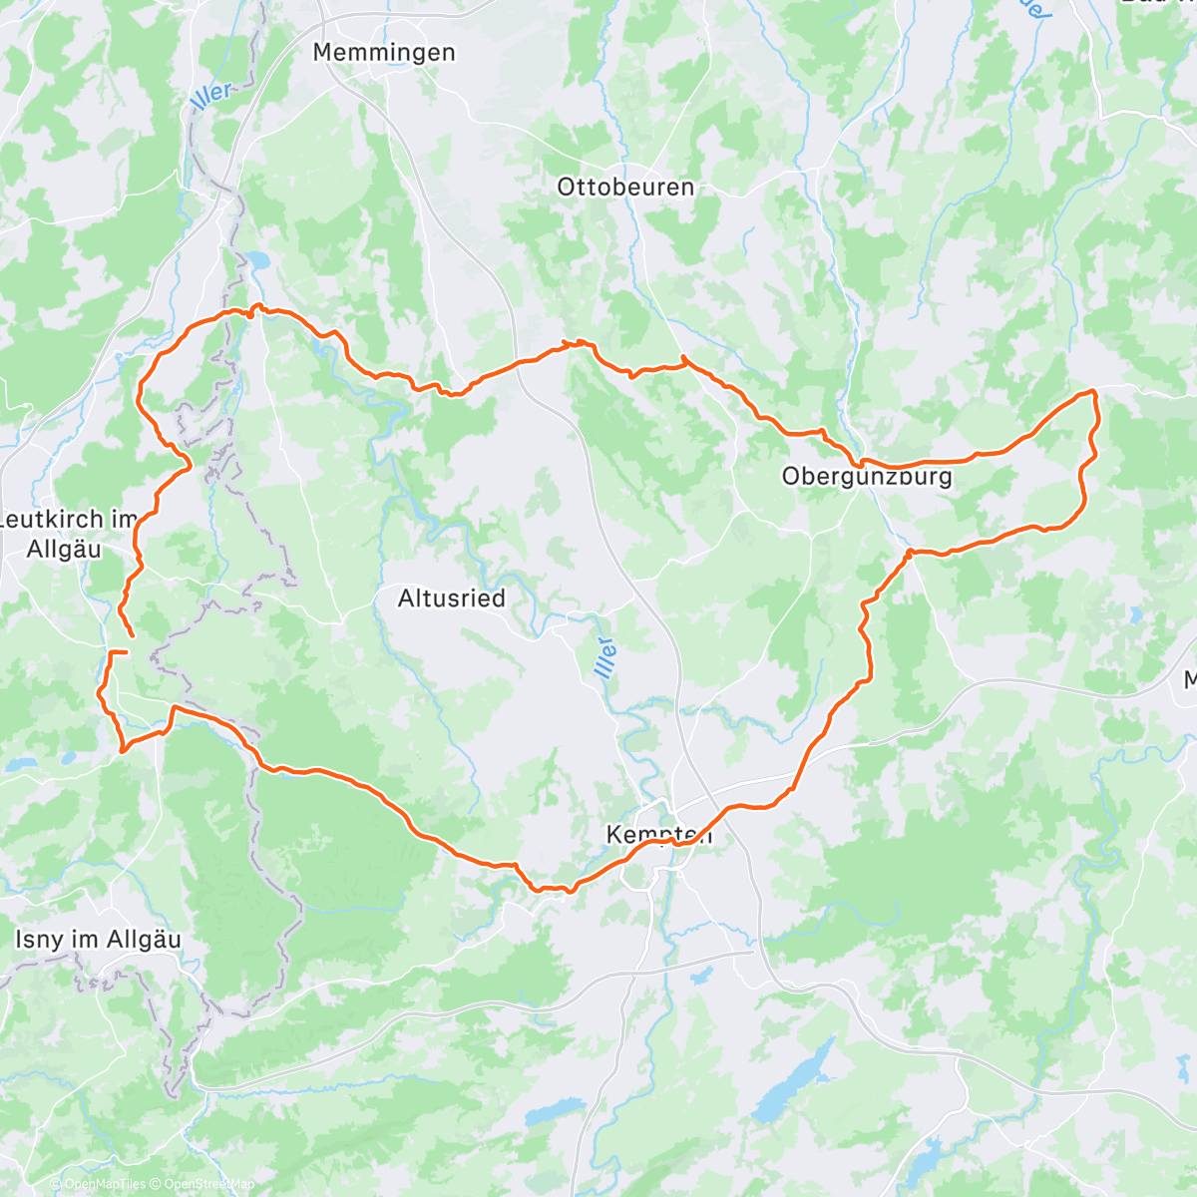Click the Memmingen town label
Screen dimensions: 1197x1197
click(x=384, y=53)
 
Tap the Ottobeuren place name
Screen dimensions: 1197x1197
click(x=625, y=188)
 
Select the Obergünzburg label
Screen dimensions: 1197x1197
click(x=867, y=477)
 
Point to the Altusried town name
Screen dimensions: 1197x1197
click(x=451, y=598)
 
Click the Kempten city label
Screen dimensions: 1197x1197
click(x=659, y=835)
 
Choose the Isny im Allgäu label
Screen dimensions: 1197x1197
click(x=99, y=940)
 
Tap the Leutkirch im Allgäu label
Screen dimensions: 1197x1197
click(x=67, y=535)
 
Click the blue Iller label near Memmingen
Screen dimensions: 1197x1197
click(x=210, y=95)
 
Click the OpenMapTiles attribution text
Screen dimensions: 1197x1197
click(x=103, y=1184)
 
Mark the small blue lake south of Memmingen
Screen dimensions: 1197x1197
click(x=259, y=259)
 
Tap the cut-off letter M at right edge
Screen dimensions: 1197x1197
click(x=1190, y=680)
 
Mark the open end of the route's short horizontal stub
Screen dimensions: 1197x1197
click(x=127, y=651)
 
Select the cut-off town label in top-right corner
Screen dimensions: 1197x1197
click(x=1157, y=4)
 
